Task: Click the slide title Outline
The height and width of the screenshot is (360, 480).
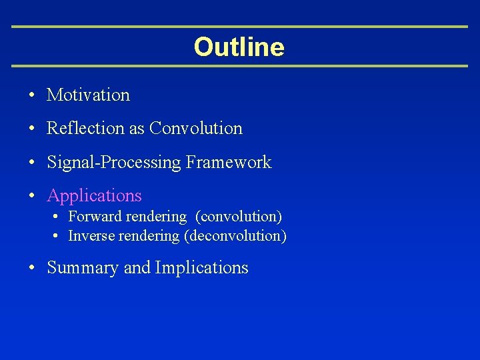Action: [x=239, y=47]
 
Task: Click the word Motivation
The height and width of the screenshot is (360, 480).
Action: [x=88, y=95]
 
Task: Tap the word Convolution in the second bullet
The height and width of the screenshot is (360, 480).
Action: [x=196, y=128]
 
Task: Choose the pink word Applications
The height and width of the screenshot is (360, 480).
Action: [x=94, y=196]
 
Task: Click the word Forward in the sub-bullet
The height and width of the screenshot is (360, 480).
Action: [x=94, y=217]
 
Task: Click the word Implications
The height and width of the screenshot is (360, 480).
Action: [x=201, y=268]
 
